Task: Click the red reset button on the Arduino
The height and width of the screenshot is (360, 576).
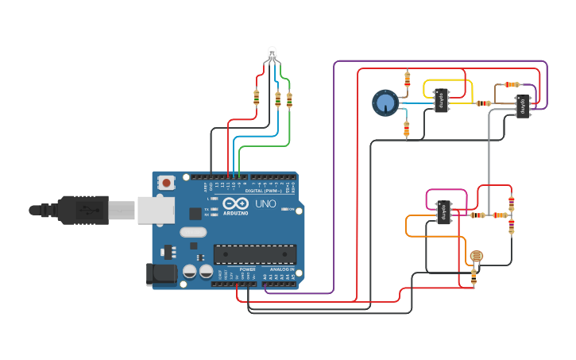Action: coord(166,183)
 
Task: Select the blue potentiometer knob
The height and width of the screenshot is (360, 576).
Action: coord(385,103)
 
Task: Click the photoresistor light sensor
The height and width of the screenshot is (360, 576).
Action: coord(476,256)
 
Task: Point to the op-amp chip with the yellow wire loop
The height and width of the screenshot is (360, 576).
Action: coord(441,100)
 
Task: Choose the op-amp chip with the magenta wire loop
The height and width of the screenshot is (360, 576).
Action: coord(444,212)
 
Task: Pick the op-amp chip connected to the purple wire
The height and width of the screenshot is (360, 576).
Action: coord(522,106)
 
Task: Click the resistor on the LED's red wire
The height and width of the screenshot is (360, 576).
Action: coord(256,98)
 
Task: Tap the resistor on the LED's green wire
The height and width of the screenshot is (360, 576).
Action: coord(288,100)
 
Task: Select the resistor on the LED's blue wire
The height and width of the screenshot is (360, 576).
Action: coord(277,99)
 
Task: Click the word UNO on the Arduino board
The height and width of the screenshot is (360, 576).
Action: coord(265,204)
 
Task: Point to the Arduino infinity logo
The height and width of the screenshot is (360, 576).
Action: coord(234,203)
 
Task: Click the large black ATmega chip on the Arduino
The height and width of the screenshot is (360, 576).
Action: coord(254,254)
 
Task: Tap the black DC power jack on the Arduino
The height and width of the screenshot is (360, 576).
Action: coord(162,275)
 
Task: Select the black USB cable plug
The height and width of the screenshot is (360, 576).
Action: coord(79,211)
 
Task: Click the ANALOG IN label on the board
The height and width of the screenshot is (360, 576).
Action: coord(280,269)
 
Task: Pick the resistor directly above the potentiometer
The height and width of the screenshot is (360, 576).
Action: coord(408,79)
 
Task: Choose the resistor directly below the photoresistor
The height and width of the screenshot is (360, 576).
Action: coord(474,276)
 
